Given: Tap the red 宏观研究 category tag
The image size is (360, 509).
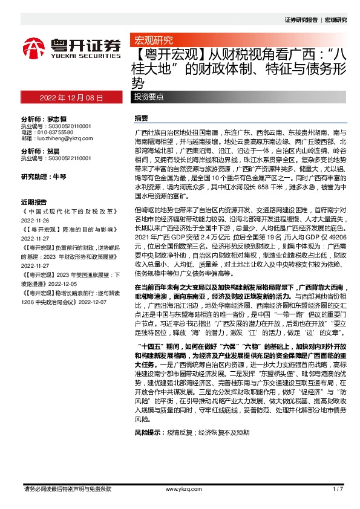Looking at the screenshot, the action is [152, 41].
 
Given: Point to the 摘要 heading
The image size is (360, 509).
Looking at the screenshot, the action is [141, 118].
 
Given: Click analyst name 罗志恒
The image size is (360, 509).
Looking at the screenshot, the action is [57, 120].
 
